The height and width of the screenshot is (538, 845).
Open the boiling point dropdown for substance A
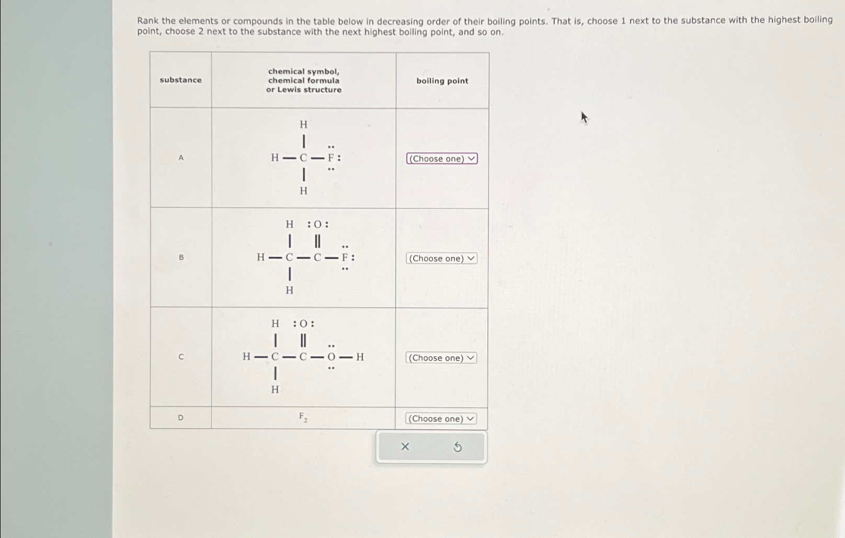pos(442,159)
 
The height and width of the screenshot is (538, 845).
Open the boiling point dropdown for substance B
pos(441,259)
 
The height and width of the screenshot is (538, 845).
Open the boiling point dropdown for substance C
pos(441,358)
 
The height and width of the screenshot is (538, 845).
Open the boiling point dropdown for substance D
pos(441,419)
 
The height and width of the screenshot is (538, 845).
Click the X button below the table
pos(405,446)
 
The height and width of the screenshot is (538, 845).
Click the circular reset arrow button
pos(458,447)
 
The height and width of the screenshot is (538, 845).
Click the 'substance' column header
pos(180,80)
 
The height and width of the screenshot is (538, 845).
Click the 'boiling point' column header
pos(442,81)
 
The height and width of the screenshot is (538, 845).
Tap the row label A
pos(181,158)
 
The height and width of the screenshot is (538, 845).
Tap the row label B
pos(181,257)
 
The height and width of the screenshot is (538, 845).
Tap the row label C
pos(181,357)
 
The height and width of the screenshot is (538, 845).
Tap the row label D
pos(181,418)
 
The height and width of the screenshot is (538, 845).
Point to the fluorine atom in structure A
pos(331,158)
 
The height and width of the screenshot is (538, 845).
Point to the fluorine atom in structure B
pos(345,257)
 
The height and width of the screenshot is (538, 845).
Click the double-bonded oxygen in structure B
pos(317,225)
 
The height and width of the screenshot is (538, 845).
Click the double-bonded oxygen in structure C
pos(303,324)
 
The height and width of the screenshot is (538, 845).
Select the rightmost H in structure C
pos(360,357)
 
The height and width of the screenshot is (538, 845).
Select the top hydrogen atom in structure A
pos(303,125)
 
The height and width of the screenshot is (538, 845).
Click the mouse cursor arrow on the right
pos(584,117)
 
